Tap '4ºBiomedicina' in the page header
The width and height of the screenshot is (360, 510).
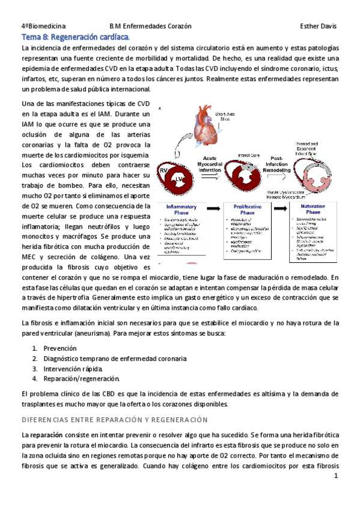pos(44,27)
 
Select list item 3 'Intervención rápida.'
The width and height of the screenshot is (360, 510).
pos(73,368)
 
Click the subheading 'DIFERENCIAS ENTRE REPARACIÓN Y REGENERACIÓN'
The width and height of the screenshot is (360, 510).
pos(114,419)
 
